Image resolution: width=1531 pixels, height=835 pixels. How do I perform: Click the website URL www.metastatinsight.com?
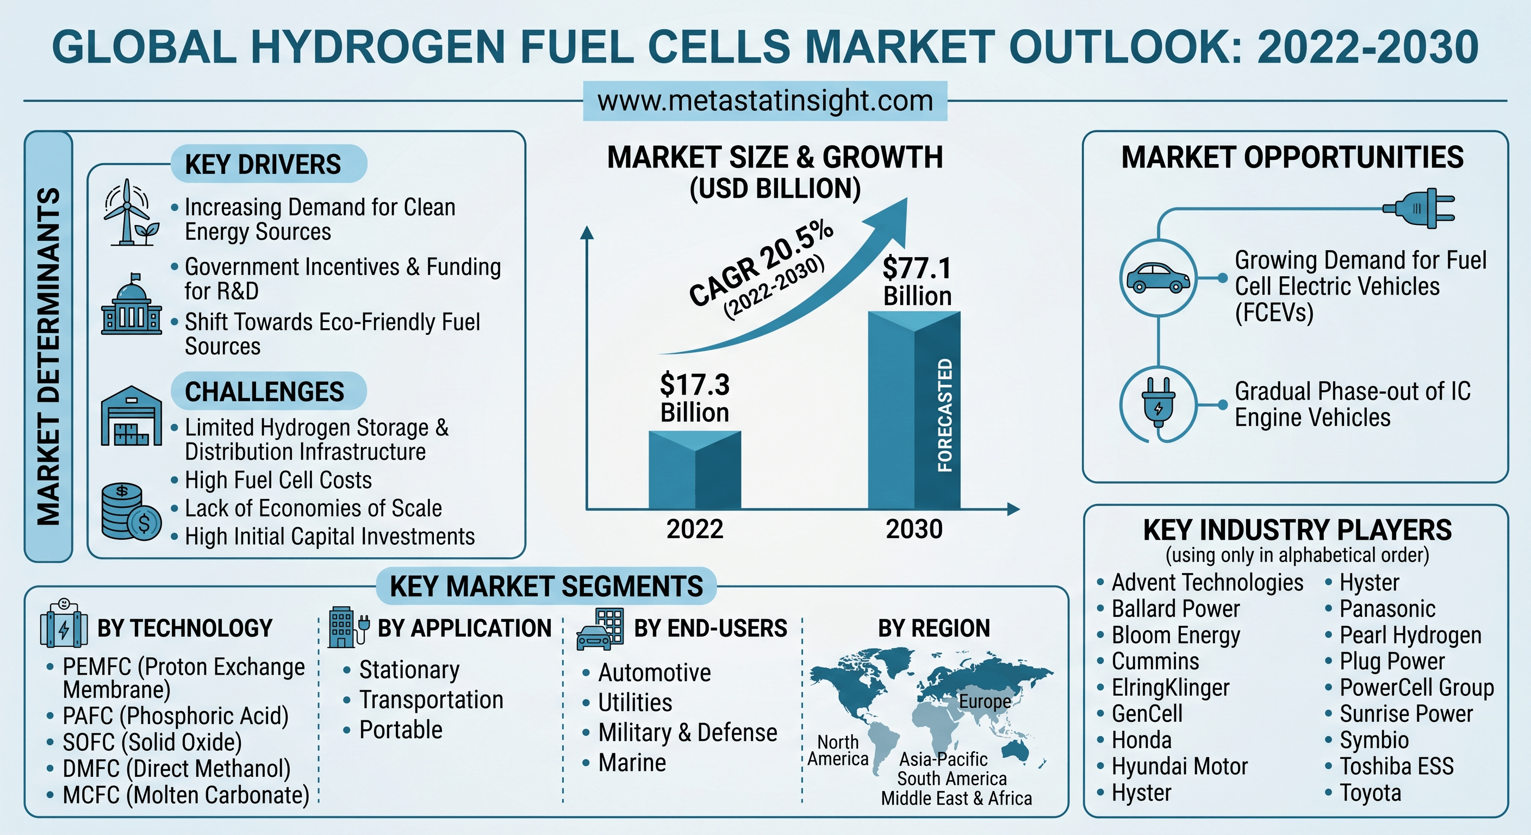point(765,101)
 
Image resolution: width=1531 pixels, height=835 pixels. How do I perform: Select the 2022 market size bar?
point(695,470)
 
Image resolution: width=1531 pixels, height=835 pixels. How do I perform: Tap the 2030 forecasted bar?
point(914,410)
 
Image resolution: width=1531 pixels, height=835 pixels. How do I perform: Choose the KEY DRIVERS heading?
point(263,165)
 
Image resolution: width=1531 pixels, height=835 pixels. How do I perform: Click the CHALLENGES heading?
point(264,391)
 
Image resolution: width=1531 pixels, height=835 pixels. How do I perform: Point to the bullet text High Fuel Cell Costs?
point(278,480)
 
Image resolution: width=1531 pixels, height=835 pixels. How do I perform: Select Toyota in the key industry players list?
point(1370,793)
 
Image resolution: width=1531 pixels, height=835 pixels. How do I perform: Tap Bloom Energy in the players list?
point(1176,635)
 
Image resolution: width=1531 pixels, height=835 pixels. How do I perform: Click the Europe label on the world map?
point(985,701)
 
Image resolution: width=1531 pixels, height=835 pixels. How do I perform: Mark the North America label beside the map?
point(838,751)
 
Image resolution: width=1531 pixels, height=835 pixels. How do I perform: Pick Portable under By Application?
point(401,730)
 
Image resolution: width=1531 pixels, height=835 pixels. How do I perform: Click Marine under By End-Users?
point(632,763)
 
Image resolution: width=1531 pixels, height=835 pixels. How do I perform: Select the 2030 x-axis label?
point(914,529)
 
